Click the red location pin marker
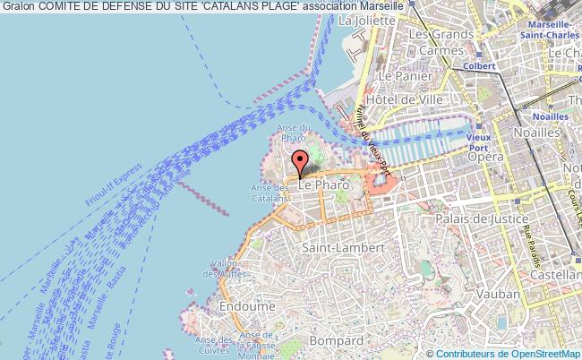300,162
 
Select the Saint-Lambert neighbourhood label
345,246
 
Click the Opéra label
484,156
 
